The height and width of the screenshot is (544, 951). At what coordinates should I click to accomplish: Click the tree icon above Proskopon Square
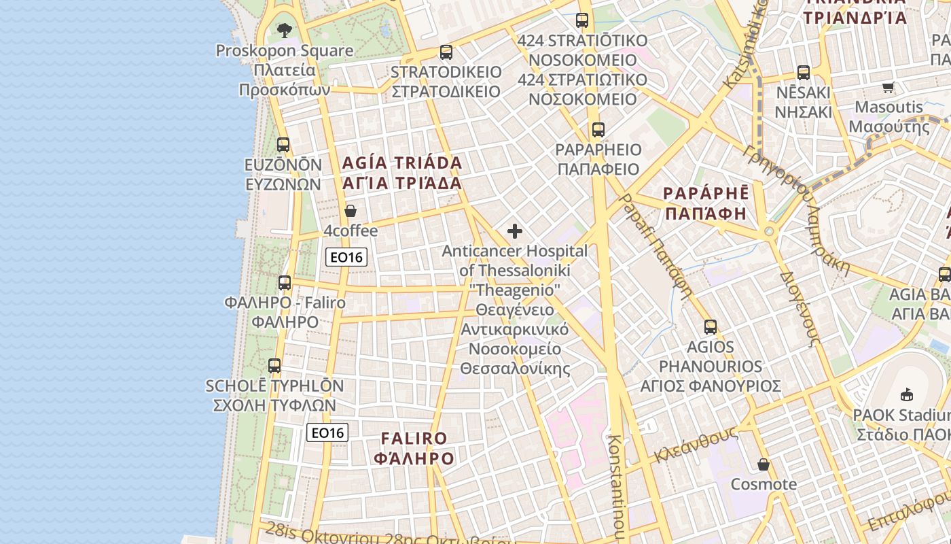click(x=284, y=30)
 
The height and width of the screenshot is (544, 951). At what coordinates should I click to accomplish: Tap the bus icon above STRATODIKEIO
click(x=446, y=52)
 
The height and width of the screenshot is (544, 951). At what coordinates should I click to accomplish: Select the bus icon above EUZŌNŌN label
click(x=283, y=145)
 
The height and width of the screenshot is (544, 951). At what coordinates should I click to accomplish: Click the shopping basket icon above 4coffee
click(x=351, y=211)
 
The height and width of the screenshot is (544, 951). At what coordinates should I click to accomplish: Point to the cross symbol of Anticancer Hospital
click(x=515, y=231)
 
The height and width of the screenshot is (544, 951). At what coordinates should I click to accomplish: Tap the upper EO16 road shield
click(x=346, y=257)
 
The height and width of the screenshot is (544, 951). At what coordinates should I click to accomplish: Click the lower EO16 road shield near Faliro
click(x=327, y=432)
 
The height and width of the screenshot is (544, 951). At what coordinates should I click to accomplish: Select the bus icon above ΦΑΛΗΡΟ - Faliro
click(x=285, y=283)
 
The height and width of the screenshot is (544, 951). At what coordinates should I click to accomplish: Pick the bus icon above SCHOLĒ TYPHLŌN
click(x=274, y=366)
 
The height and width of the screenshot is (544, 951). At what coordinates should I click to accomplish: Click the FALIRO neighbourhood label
click(x=414, y=448)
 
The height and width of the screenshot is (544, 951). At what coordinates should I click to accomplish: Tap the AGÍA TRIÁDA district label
click(x=402, y=173)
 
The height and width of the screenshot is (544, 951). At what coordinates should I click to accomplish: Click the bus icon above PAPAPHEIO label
click(x=598, y=130)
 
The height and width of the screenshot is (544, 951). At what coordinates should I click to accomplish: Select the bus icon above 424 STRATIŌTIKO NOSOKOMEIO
click(x=582, y=20)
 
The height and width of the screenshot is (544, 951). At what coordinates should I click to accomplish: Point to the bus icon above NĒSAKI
click(x=804, y=73)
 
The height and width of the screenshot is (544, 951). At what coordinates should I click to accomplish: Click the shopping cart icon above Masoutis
click(x=888, y=87)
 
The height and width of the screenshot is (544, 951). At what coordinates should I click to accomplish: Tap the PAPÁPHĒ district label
click(x=706, y=203)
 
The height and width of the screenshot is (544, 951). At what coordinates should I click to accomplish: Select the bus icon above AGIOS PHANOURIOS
click(x=711, y=327)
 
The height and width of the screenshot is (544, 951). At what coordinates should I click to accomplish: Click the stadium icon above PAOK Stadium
click(x=907, y=394)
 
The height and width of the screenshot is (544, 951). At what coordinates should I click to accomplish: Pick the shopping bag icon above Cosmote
click(x=764, y=464)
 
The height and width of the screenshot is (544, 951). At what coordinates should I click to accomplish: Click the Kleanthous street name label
click(x=696, y=445)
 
